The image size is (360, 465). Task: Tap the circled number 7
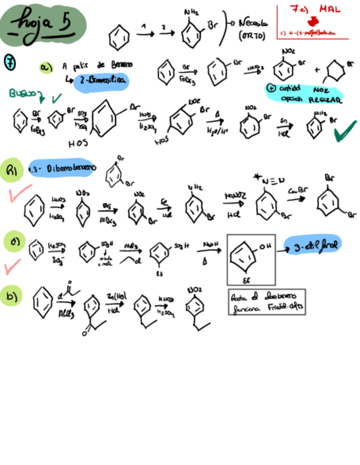click(x=10, y=61)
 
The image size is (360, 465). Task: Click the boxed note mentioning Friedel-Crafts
click(x=266, y=302)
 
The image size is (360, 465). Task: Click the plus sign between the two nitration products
click(x=318, y=70)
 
